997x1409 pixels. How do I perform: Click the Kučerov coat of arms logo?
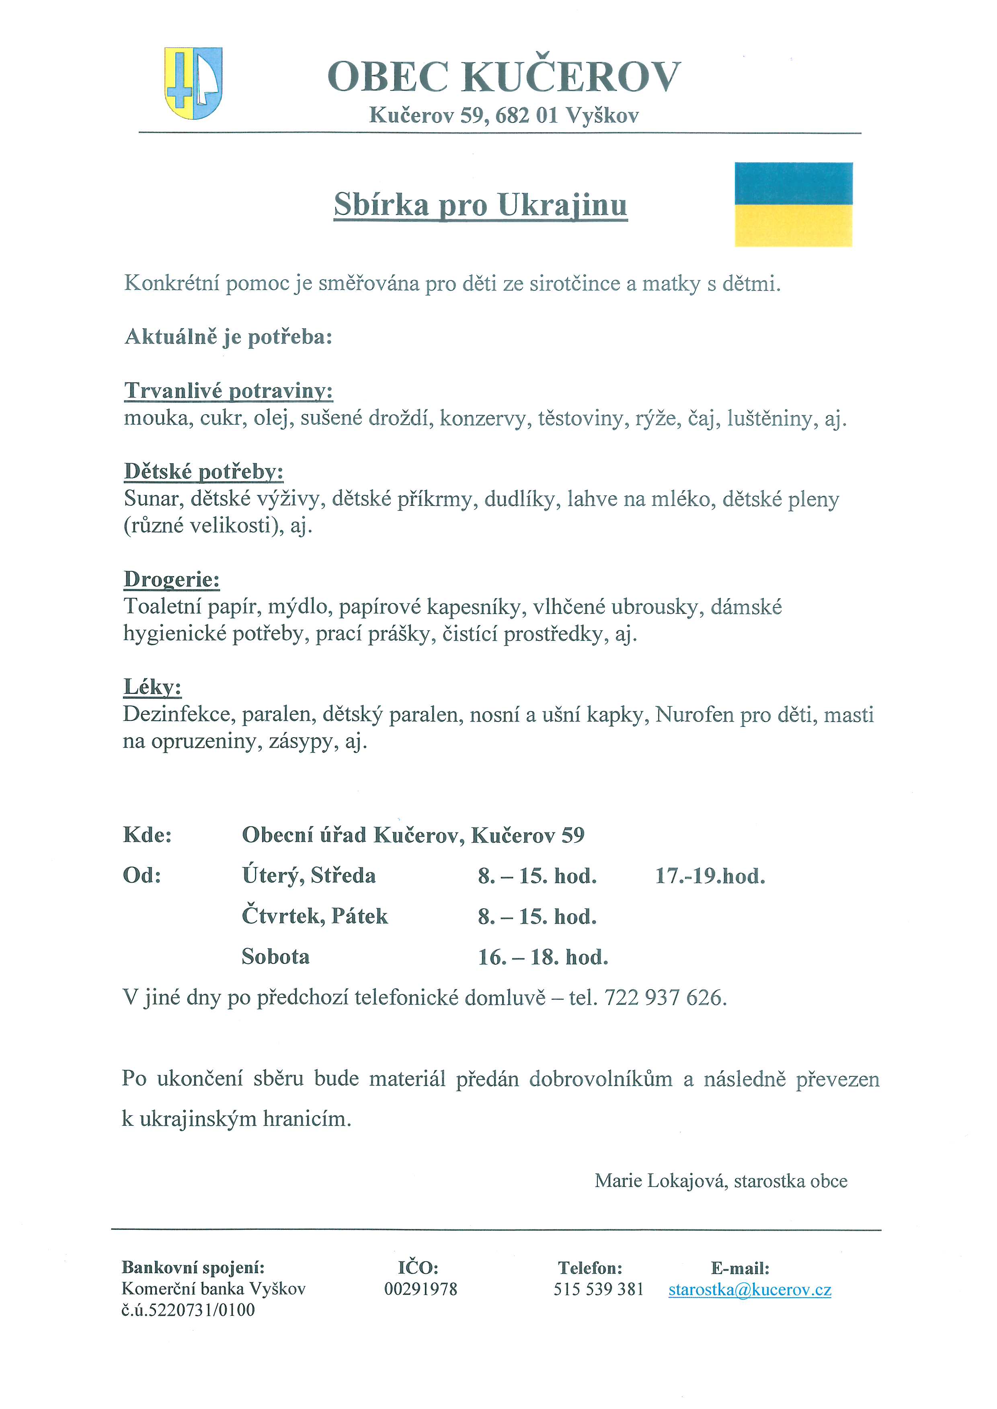point(193,84)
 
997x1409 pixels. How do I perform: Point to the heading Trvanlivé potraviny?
point(228,391)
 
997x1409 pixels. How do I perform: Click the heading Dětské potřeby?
point(204,471)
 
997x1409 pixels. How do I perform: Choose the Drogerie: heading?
point(172,579)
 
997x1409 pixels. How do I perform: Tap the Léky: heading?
point(153,687)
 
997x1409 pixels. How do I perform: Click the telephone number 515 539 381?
point(599,1289)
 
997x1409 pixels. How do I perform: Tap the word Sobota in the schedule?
point(276,957)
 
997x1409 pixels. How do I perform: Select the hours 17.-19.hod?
point(710,876)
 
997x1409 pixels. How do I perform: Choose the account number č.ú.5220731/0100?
point(188,1310)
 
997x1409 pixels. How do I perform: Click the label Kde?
point(148,835)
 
